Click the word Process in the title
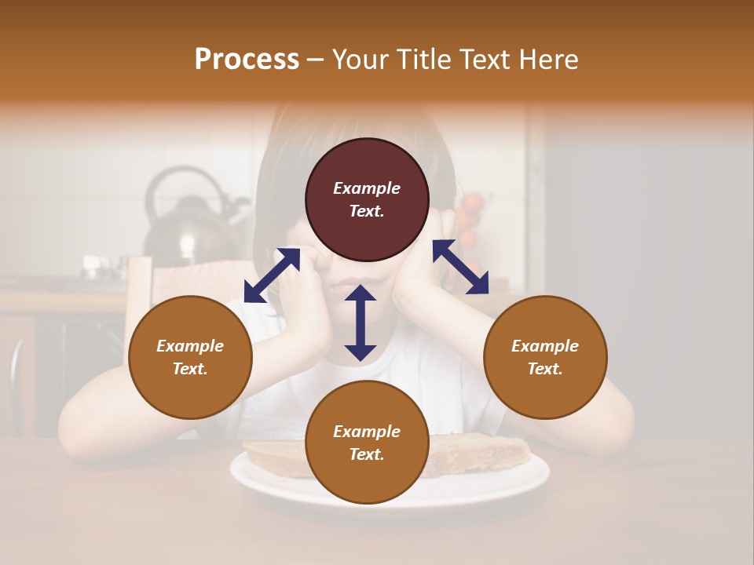pos(247,60)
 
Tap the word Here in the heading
pos(549,60)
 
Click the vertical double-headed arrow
pos(361,323)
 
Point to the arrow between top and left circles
pos(272,275)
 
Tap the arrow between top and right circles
pos(460,267)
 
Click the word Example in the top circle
pos(367,188)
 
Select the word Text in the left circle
pos(190,369)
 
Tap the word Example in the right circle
pos(545,346)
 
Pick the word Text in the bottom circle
pos(367,454)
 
